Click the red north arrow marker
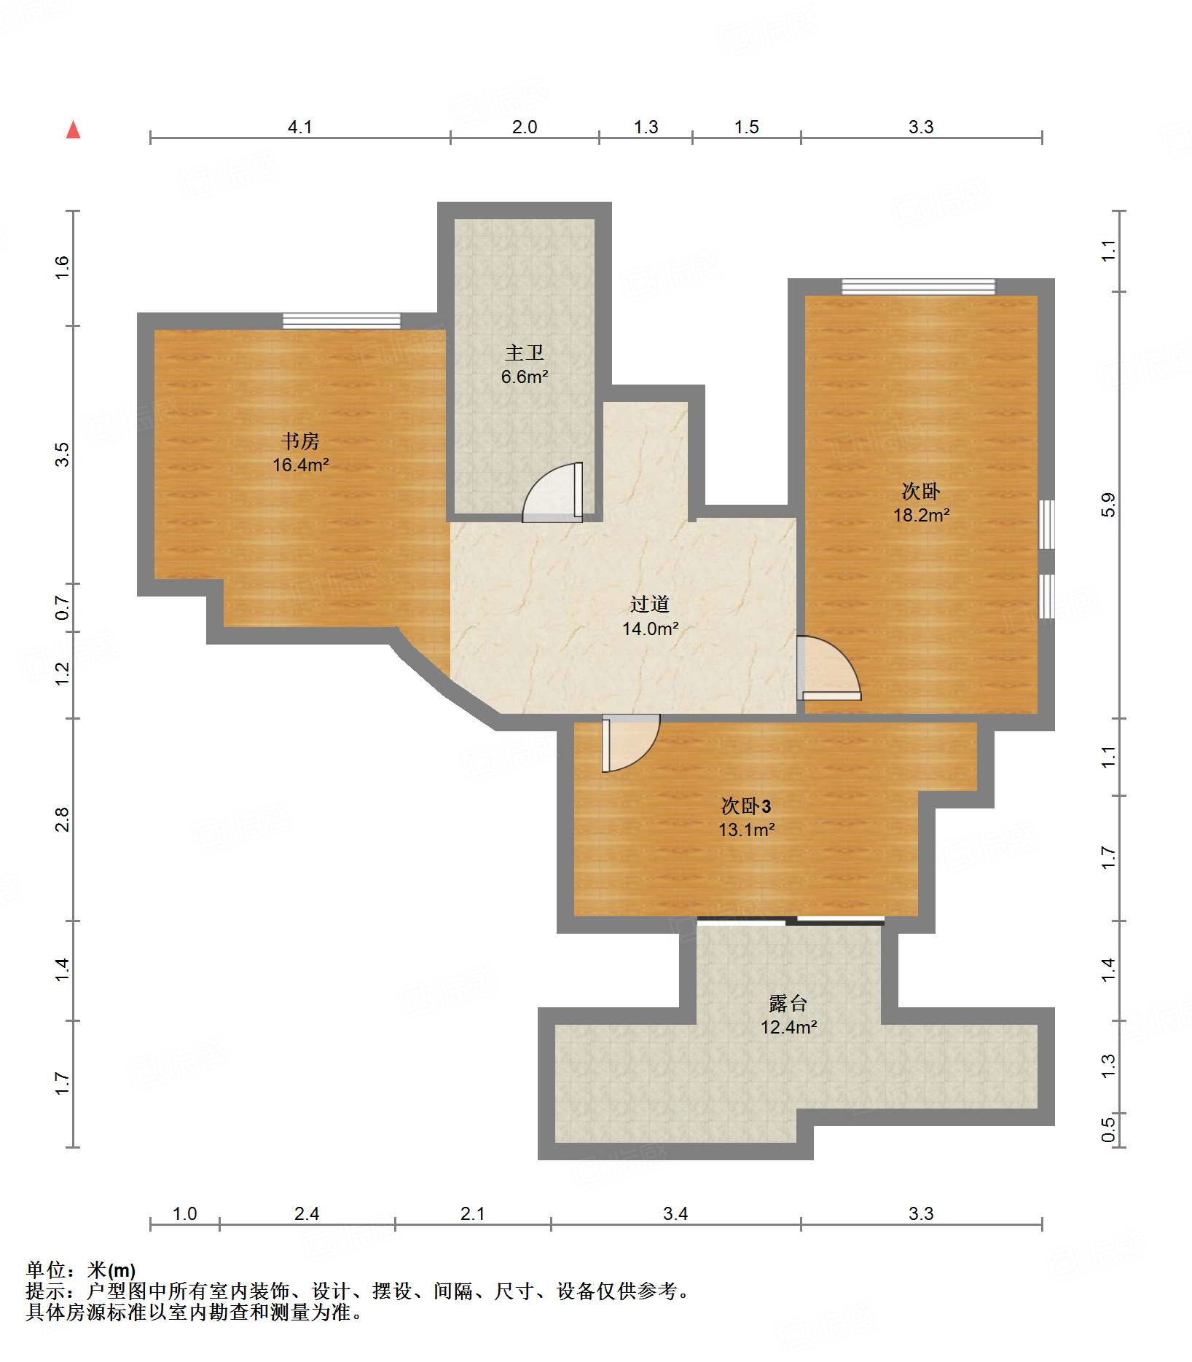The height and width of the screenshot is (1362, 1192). tap(73, 130)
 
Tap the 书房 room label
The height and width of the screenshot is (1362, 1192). tap(300, 441)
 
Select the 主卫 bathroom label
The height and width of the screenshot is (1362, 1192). tap(525, 353)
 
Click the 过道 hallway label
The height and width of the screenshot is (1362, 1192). tap(650, 604)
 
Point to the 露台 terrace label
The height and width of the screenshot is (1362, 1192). tap(788, 1003)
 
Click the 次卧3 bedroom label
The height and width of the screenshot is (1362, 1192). tap(746, 806)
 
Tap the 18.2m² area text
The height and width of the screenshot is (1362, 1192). tap(922, 515)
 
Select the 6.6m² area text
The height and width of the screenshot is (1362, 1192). tap(525, 377)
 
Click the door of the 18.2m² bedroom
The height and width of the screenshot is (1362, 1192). tap(828, 668)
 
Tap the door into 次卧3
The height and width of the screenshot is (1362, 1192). tap(631, 743)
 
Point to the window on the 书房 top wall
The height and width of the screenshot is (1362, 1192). tap(342, 320)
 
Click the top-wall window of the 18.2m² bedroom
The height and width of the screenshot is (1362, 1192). tap(919, 286)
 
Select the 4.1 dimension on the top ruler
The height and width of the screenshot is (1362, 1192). tap(300, 127)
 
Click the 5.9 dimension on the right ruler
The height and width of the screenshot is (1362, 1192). tap(1108, 505)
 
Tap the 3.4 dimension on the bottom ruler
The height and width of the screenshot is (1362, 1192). tap(675, 1213)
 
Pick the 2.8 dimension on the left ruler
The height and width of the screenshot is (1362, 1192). tap(63, 819)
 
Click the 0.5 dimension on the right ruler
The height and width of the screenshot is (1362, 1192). tap(1108, 1130)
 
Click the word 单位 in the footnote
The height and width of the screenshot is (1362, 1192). tap(46, 1270)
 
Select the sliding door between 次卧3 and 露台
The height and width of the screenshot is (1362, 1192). tap(791, 921)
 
